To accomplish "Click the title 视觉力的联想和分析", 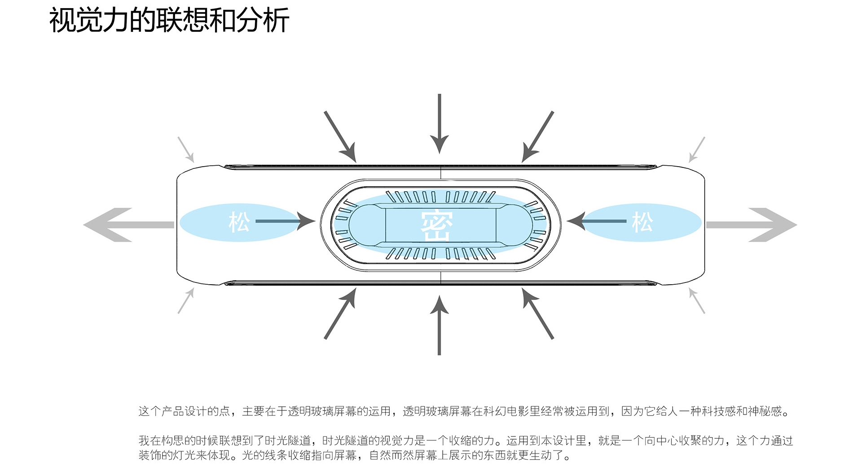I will point(169,21).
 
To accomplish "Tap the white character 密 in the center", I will point(437,226).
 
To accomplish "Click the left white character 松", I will point(239,222).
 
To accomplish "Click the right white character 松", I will point(642,222).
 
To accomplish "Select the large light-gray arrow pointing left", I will point(128,225).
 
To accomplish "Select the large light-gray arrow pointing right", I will point(752,225).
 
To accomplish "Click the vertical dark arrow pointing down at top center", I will point(440,123).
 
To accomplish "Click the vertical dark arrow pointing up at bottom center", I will point(440,325).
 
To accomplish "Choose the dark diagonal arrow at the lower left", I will point(340,313).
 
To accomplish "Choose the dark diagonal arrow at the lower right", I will point(538,313).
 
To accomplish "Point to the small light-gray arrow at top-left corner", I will point(186,150).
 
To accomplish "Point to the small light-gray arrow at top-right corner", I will point(697,150).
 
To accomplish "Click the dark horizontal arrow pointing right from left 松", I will point(285,221).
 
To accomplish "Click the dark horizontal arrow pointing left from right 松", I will point(597,221).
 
